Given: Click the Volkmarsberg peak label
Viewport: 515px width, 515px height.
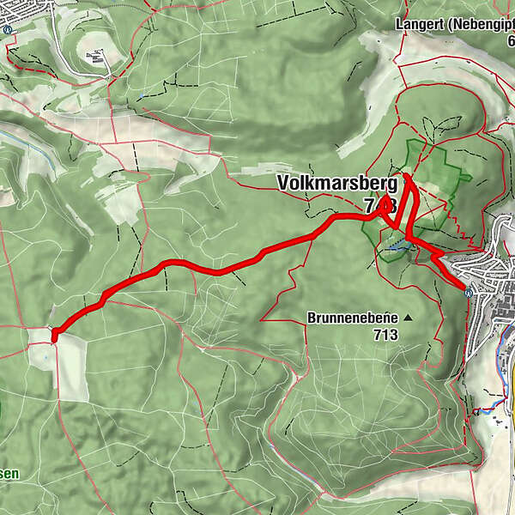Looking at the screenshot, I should pyautogui.click(x=336, y=183).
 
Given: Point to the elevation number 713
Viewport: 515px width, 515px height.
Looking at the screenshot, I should pyautogui.click(x=385, y=334).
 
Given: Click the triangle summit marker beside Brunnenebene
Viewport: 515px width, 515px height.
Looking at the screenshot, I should pyautogui.click(x=408, y=318).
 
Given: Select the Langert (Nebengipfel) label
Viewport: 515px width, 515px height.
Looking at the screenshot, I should pyautogui.click(x=454, y=23).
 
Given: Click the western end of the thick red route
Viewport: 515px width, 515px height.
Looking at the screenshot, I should pyautogui.click(x=54, y=336).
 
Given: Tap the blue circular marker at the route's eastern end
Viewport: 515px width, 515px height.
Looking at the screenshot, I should pyautogui.click(x=468, y=292).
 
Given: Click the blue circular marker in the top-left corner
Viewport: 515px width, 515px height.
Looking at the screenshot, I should pyautogui.click(x=7, y=28).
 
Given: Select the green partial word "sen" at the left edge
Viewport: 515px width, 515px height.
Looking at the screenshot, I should pyautogui.click(x=9, y=473).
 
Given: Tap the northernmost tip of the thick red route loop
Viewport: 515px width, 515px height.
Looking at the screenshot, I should pyautogui.click(x=406, y=176).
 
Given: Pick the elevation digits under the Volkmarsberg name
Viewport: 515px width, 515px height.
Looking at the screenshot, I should pyautogui.click(x=379, y=206).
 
